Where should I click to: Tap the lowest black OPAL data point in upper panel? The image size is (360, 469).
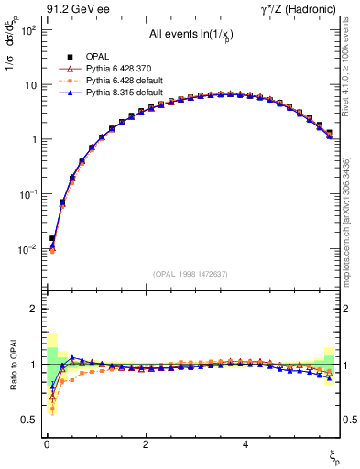click(x=52, y=238)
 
